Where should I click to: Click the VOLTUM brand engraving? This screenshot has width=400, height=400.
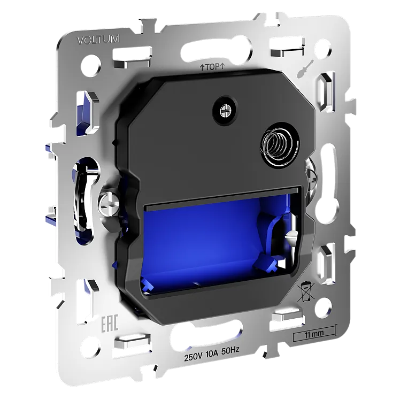[98, 40]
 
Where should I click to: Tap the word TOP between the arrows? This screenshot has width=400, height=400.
[212, 67]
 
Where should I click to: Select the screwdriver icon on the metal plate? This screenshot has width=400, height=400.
[305, 68]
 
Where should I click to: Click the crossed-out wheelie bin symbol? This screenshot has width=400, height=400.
[306, 292]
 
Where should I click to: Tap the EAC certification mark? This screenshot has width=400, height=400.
[110, 324]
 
